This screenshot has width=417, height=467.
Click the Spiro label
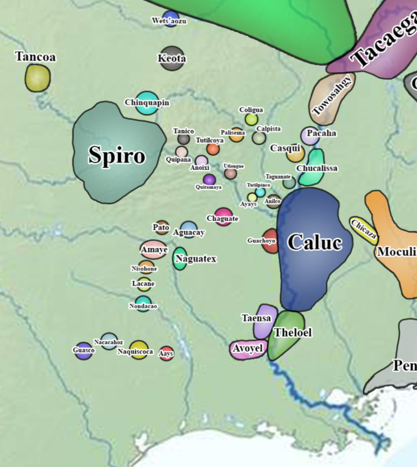(117, 156)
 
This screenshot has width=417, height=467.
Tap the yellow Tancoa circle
(38, 77)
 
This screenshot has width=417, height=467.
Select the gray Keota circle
(172, 59)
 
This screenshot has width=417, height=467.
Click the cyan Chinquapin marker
(147, 103)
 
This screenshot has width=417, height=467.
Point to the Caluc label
(315, 243)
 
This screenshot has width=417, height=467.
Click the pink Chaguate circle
(224, 217)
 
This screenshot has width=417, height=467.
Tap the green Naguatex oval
(180, 259)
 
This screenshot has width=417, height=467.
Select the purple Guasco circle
(84, 351)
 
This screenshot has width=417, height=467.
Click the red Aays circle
(166, 353)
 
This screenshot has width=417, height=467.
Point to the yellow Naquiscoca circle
(138, 350)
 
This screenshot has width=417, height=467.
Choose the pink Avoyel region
(248, 349)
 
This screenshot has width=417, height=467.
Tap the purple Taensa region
(265, 321)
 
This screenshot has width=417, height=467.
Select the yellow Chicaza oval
(364, 230)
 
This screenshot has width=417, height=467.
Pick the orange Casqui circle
(295, 153)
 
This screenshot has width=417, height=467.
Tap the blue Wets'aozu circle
(171, 18)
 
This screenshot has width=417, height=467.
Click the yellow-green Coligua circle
(251, 119)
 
